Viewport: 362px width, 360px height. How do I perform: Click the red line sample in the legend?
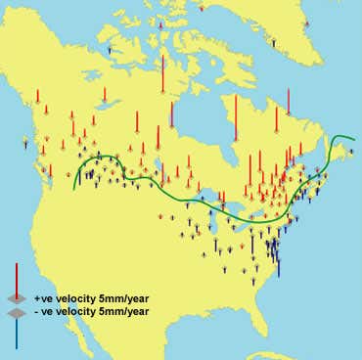15,277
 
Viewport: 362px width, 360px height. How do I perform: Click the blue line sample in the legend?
15,331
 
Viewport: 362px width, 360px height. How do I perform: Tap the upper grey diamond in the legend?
15,297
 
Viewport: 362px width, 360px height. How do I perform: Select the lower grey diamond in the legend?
15,312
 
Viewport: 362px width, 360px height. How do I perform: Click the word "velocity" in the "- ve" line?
77,312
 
